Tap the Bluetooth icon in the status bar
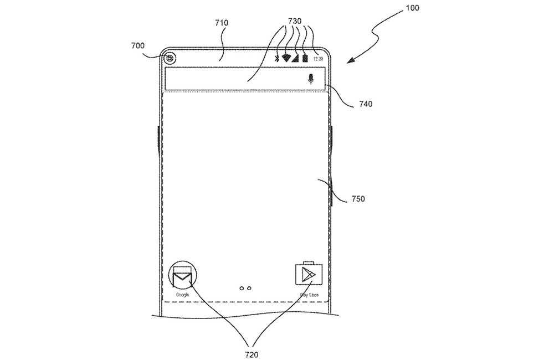[x=277, y=58]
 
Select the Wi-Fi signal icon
[x=286, y=57]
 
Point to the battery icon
[x=305, y=58]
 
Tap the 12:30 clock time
[x=318, y=58]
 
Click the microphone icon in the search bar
[x=310, y=79]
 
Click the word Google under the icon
[x=183, y=295]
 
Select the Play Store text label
[x=309, y=295]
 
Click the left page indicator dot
[x=242, y=288]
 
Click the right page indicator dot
[x=250, y=288]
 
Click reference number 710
[x=222, y=23]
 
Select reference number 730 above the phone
[x=294, y=20]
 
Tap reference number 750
[x=358, y=199]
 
